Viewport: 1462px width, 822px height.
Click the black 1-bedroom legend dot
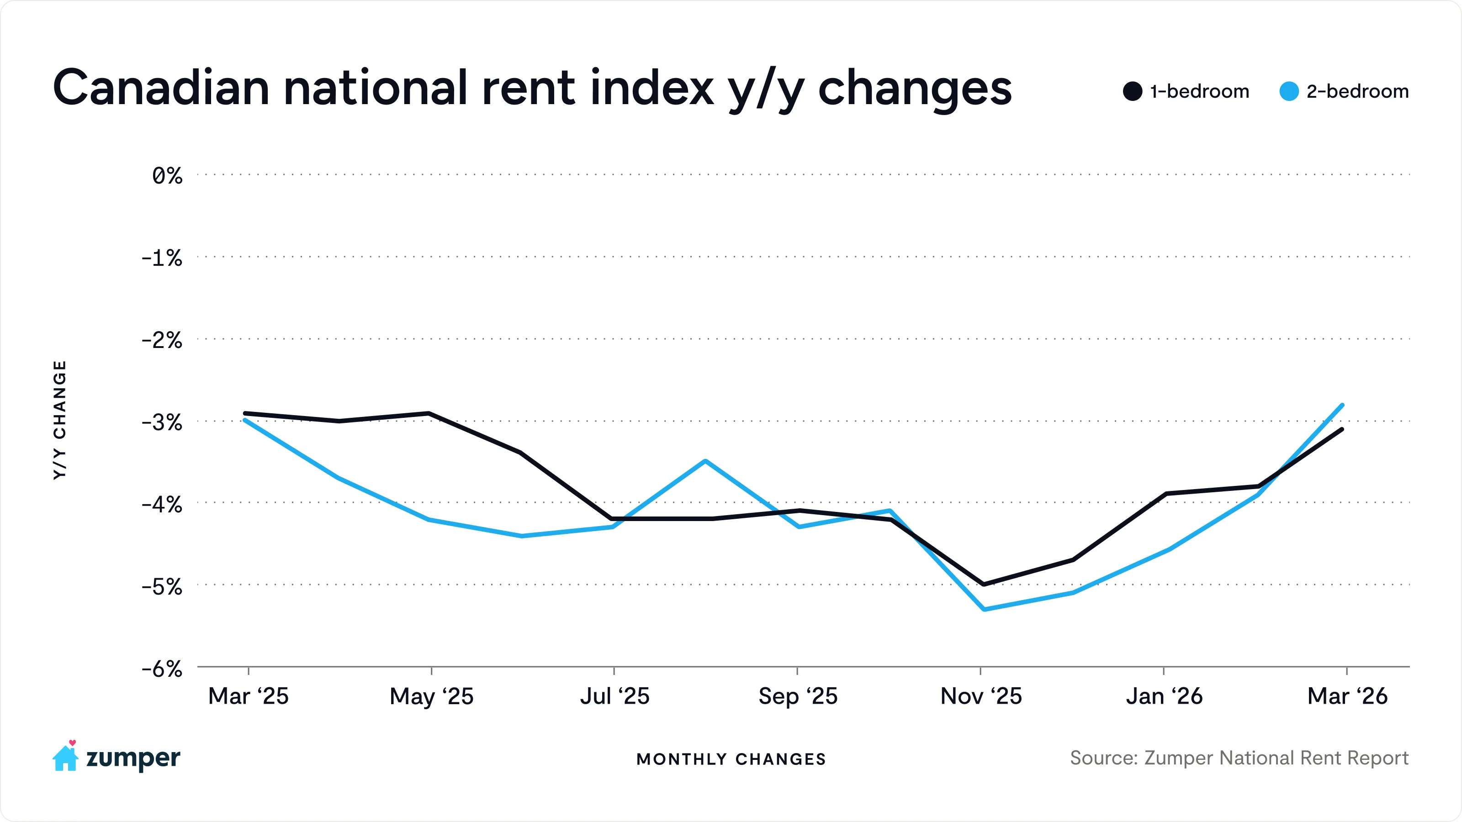click(1132, 91)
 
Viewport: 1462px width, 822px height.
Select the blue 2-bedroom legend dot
click(1289, 91)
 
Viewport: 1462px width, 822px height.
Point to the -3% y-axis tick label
click(162, 422)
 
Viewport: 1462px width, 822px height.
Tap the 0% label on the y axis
click(167, 176)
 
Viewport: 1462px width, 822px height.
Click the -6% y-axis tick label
click(162, 669)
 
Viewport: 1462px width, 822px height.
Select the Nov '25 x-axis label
click(981, 696)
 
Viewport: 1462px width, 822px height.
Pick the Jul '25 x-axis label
click(614, 696)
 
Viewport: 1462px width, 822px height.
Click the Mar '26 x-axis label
click(1347, 696)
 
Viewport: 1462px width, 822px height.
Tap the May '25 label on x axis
click(431, 696)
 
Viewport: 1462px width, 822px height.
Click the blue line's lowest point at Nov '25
click(983, 609)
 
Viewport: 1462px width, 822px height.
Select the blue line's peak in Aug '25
click(705, 461)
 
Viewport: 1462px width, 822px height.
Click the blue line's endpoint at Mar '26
click(1342, 405)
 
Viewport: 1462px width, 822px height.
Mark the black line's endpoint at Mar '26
click(1342, 429)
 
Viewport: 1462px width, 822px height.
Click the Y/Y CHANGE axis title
click(59, 420)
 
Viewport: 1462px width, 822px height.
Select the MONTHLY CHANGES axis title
click(731, 759)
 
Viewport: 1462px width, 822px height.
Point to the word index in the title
click(652, 88)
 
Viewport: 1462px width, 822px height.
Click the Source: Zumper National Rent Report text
click(1239, 758)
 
